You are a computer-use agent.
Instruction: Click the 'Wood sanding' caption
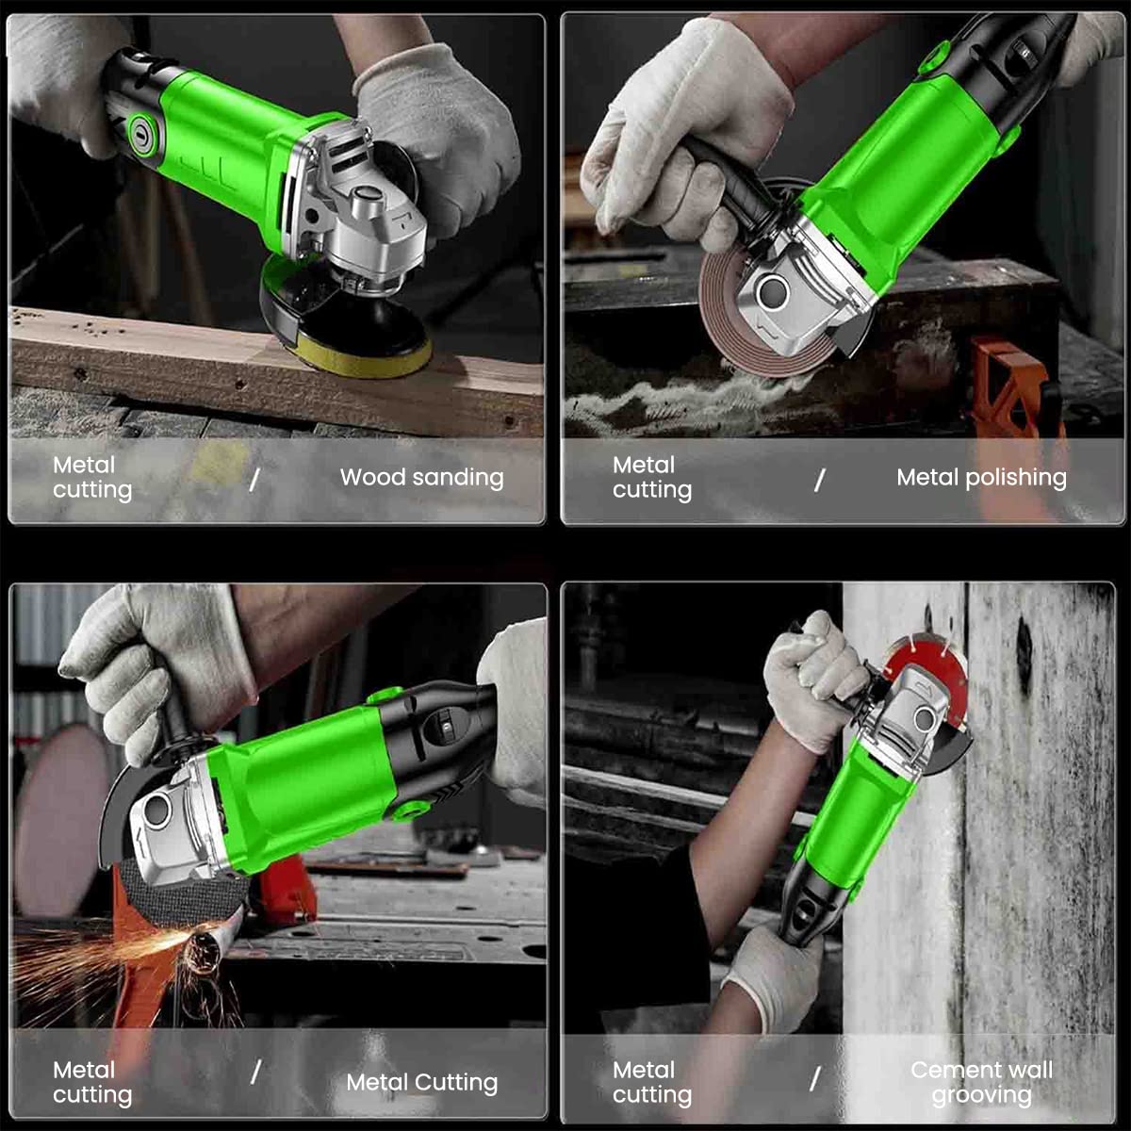(x=421, y=477)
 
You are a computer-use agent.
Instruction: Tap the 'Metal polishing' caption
(x=981, y=478)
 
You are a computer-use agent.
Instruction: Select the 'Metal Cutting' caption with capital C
(x=421, y=1082)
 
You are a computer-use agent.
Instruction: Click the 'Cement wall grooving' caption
(x=981, y=1082)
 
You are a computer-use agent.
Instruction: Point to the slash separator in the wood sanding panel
(x=254, y=480)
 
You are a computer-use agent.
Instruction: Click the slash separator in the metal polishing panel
(x=819, y=480)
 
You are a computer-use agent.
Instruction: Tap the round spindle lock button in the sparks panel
(x=156, y=811)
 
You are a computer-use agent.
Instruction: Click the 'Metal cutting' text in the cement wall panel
(x=652, y=1082)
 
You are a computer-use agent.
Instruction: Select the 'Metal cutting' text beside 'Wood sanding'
(x=92, y=477)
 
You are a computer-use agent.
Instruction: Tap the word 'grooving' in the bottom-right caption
(x=981, y=1095)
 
